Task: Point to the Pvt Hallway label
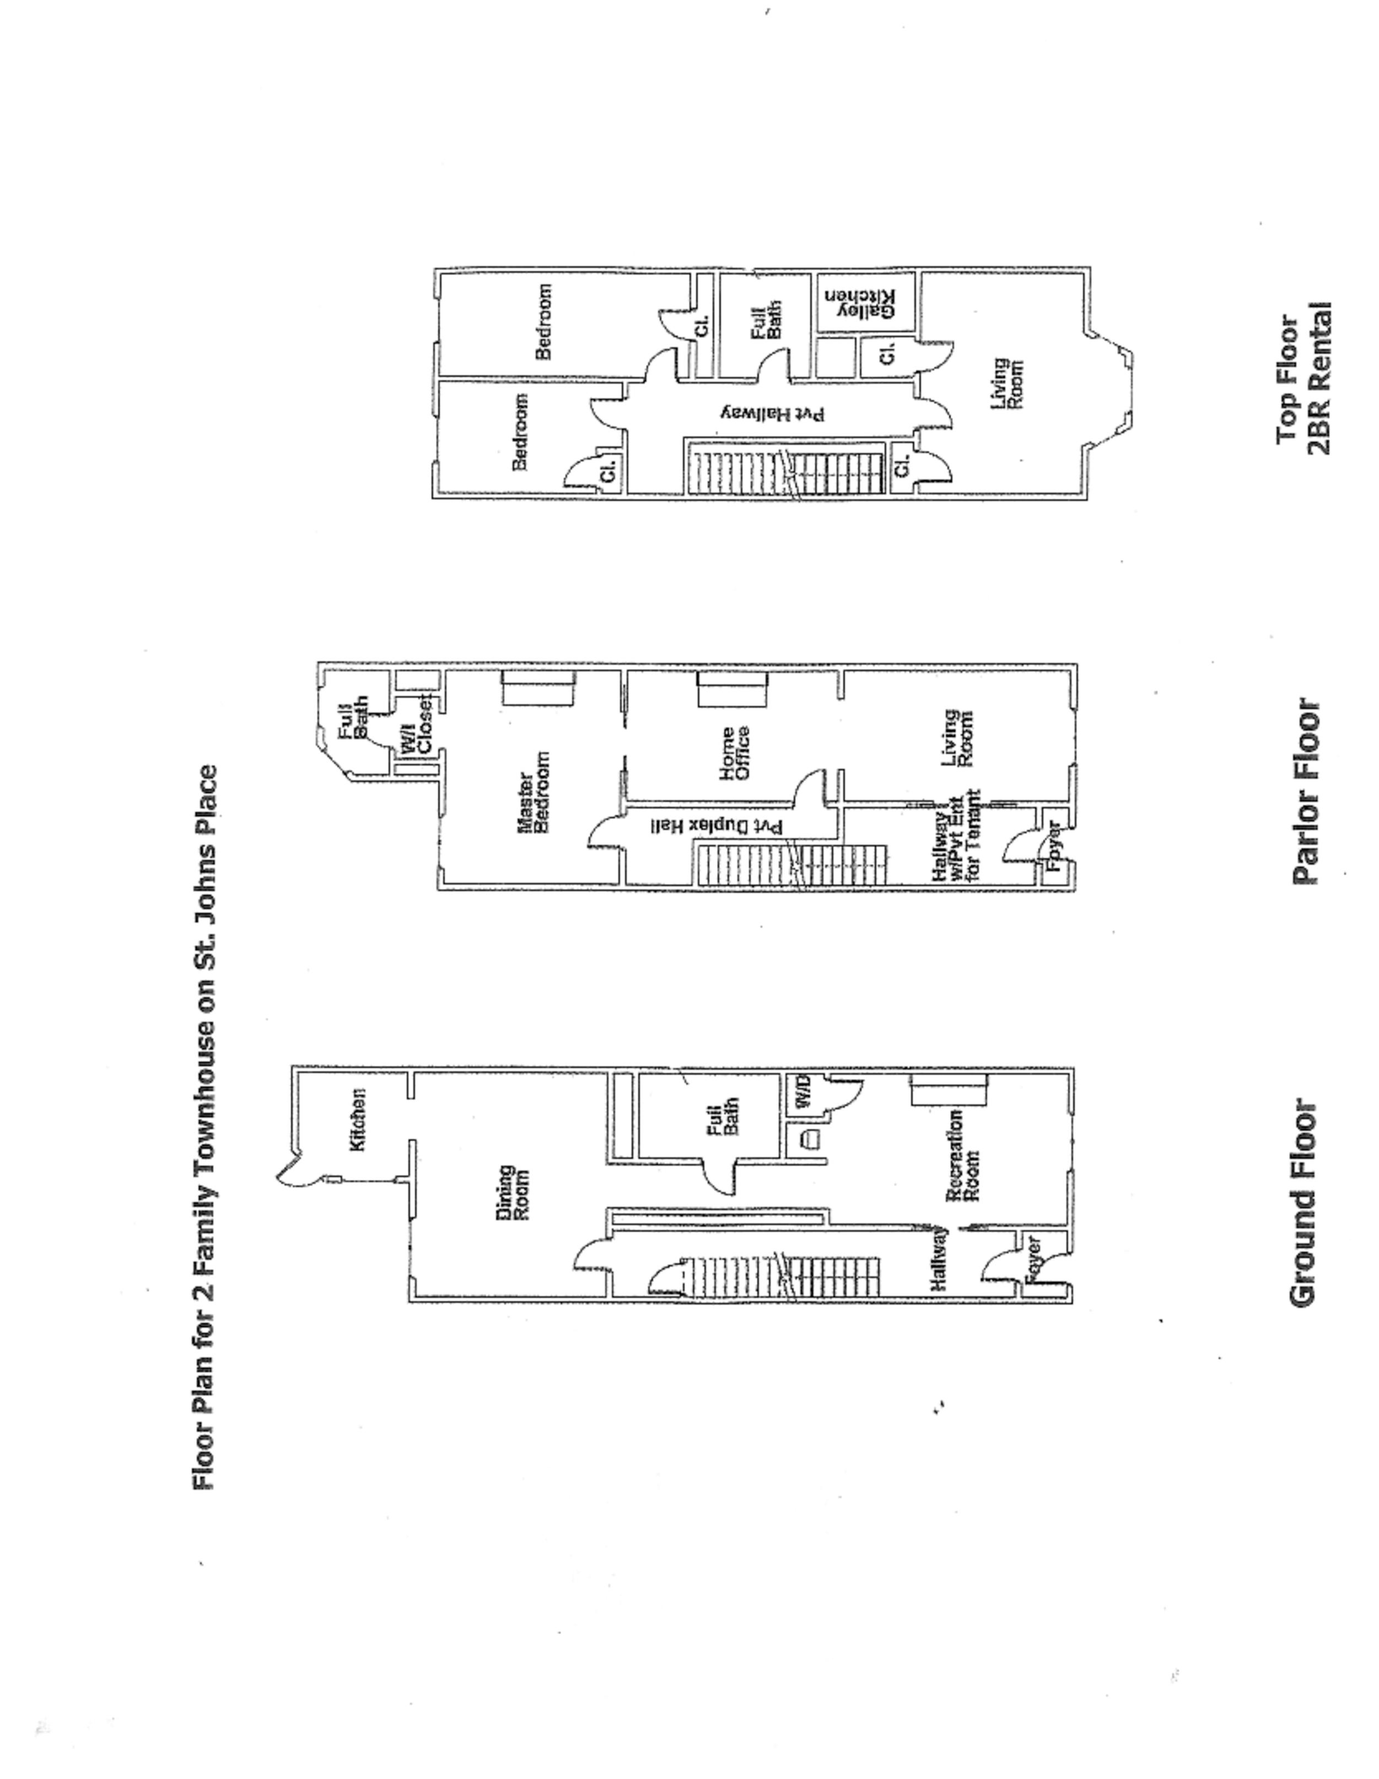click(774, 414)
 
